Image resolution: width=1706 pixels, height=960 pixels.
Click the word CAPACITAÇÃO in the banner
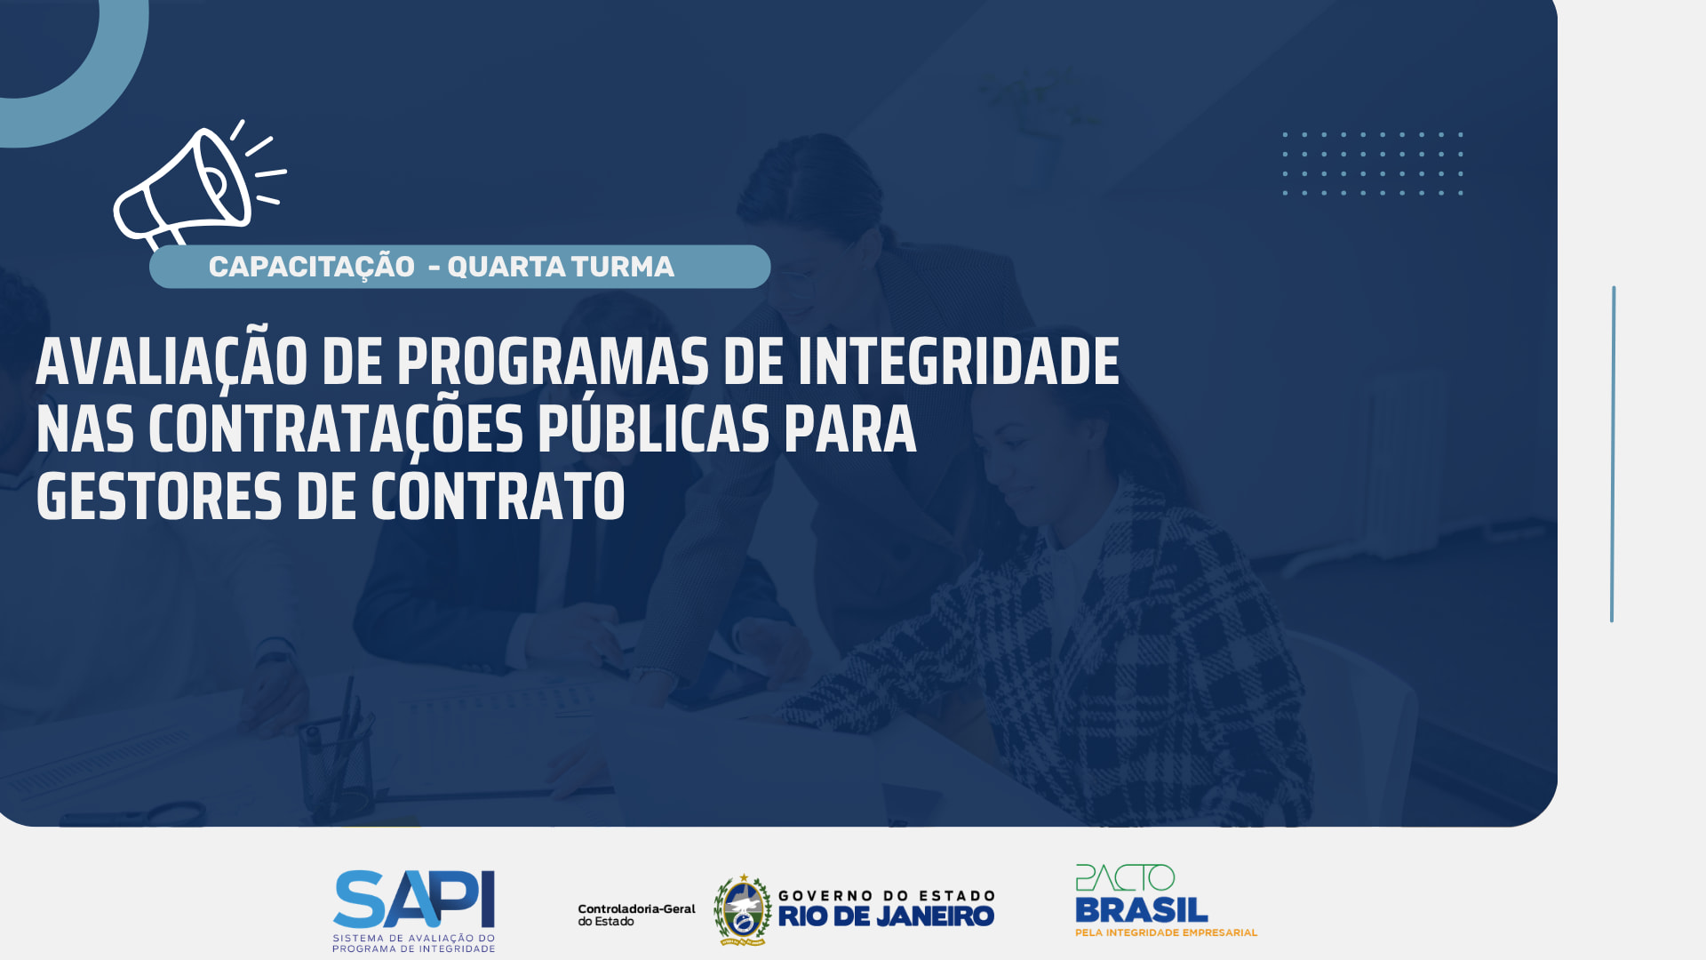tap(312, 266)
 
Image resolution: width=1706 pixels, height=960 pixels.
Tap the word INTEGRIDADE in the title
tap(959, 362)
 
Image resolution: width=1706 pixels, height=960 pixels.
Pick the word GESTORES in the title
tap(159, 497)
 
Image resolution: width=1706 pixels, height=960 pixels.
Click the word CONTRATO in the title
tap(498, 497)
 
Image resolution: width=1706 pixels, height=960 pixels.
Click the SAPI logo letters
tap(414, 899)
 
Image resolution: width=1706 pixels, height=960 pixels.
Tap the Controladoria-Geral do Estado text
tap(636, 915)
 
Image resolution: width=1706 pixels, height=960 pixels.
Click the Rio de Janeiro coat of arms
tap(743, 909)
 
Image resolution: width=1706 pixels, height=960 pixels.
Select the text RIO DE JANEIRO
tap(886, 916)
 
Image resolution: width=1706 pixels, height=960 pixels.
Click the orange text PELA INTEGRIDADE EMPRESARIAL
tap(1167, 932)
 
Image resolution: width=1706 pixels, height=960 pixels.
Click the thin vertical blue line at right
tap(1613, 454)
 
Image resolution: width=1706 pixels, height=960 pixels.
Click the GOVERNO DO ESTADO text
tap(886, 895)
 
